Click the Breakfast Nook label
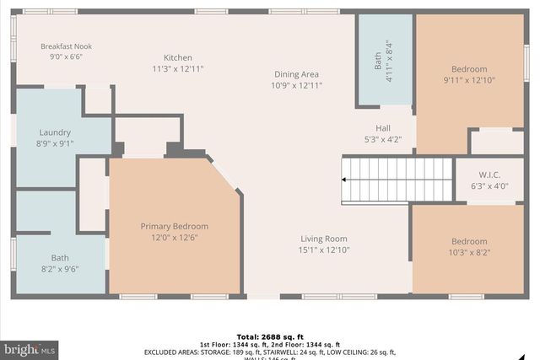coord(67,46)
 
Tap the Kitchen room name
coord(177,57)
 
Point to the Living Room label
coord(324,239)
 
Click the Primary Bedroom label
coord(174,226)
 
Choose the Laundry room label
coord(55,132)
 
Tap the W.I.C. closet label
coord(489,175)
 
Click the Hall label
coord(382,128)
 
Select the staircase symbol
coord(397,180)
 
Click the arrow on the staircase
coord(345,179)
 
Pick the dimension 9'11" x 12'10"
coord(468,80)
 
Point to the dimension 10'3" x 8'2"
coord(468,252)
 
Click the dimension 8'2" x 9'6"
coord(60,270)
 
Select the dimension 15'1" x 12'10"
coord(324,250)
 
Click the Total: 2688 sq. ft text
coord(270,336)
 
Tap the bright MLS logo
coord(30,347)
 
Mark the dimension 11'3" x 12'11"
coord(177,68)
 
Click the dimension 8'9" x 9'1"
coord(55,143)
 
